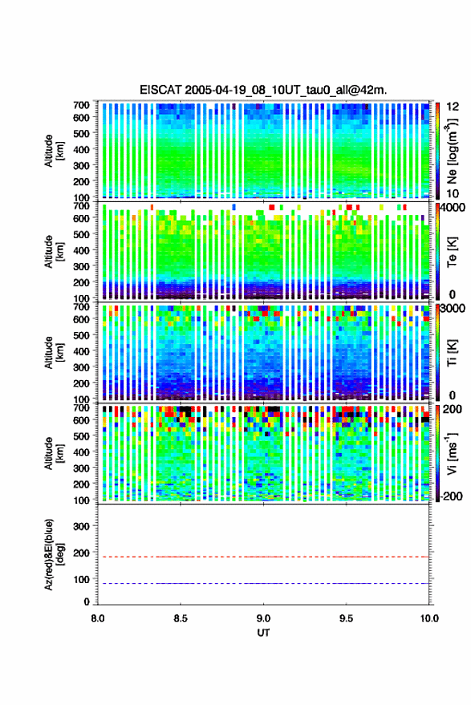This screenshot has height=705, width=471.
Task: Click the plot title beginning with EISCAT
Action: point(263,90)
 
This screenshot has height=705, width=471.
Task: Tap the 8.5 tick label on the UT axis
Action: point(181,618)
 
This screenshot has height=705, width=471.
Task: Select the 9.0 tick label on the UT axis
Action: point(263,618)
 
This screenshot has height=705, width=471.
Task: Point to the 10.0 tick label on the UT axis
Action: point(429,618)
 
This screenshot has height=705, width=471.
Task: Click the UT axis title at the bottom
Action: point(263,633)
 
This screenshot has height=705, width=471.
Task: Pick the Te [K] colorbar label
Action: point(452,253)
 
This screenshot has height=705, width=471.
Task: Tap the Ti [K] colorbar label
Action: point(452,353)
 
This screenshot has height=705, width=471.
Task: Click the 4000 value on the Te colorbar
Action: point(452,209)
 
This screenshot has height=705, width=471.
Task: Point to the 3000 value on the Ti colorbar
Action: point(453,309)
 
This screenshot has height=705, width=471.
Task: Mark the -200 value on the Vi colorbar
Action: point(451,496)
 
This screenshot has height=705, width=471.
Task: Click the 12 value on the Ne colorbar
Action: point(453,107)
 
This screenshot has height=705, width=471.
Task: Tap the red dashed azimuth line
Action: point(263,557)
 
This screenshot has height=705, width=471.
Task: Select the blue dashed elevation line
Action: point(263,583)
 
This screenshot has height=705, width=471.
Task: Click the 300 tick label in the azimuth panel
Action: point(81,526)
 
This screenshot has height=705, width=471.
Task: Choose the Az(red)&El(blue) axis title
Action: point(54,554)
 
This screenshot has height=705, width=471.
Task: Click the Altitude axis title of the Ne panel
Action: point(54,151)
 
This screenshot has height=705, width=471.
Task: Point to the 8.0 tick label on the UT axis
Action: point(98,618)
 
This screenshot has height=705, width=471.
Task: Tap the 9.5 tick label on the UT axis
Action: point(346,618)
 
